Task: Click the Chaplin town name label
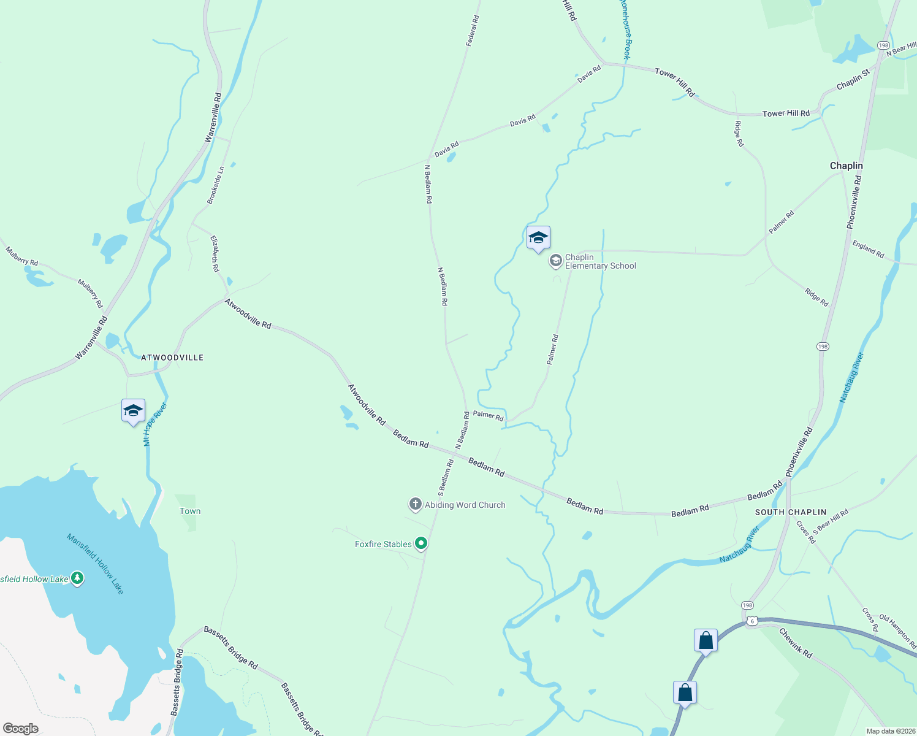coord(846,166)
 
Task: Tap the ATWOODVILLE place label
coord(172,358)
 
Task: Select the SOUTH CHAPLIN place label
coord(791,512)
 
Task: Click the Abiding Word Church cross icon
coord(415,505)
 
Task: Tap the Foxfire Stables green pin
coord(421,543)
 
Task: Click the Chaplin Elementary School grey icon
coord(555,261)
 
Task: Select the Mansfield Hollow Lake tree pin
coord(77,578)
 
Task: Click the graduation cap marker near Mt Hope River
coord(133,411)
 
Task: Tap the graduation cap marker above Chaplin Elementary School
coord(538,238)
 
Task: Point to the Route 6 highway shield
coord(752,621)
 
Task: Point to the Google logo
coord(21,729)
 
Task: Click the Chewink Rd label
coord(796,643)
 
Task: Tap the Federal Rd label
coord(472,31)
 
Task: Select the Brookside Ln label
coord(215,185)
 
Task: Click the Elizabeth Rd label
coord(215,253)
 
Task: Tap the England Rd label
coord(868,249)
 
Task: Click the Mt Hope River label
coord(154,424)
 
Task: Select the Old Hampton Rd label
coord(898,632)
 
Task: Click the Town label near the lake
coord(190,511)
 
